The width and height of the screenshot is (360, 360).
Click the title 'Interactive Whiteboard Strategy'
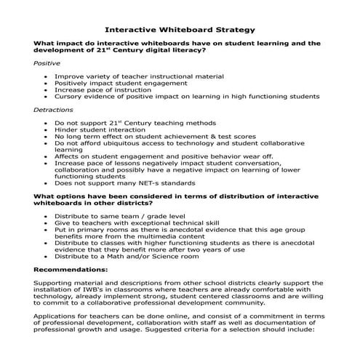point(180,30)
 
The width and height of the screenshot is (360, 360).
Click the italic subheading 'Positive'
point(47,63)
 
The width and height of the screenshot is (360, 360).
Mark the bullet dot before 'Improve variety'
point(47,75)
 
